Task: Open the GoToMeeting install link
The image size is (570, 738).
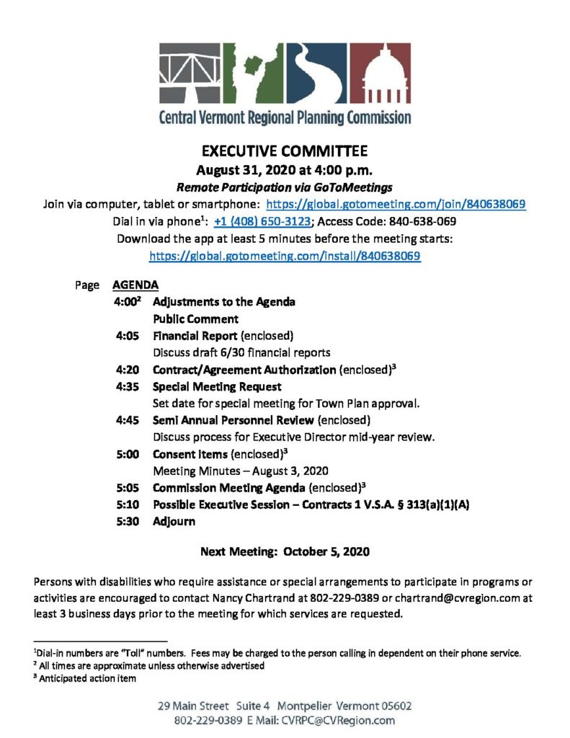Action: coord(285,255)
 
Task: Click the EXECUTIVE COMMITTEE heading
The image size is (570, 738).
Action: coord(285,151)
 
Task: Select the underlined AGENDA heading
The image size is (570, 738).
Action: coord(135,285)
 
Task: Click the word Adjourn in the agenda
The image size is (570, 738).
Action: coord(174,521)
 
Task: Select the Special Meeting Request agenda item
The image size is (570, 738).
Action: coord(217,386)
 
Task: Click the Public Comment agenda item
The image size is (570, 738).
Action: coord(195,319)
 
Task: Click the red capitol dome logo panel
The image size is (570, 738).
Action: coord(381,74)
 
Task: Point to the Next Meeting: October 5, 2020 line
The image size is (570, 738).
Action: coord(285,553)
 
